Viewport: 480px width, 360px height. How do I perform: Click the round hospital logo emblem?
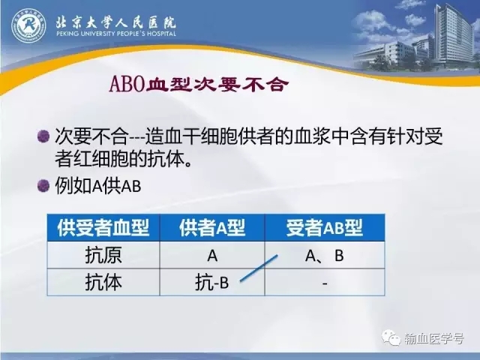point(28,25)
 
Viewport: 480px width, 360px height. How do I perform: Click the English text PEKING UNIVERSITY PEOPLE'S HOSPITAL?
point(116,33)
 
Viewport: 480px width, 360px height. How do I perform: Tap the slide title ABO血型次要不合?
point(199,84)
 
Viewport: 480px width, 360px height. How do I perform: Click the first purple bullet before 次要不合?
point(43,136)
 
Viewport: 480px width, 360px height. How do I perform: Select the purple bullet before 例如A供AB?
point(43,185)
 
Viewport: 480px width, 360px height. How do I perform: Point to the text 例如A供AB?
point(98,185)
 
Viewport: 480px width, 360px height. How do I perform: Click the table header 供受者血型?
point(103,228)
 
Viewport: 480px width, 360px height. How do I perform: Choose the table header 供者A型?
point(212,228)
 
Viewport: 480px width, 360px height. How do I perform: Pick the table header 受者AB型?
point(325,228)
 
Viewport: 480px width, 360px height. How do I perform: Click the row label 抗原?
point(103,255)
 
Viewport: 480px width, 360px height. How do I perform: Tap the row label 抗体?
point(103,282)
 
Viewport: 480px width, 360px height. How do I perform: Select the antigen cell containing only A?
point(212,256)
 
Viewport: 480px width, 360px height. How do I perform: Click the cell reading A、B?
point(325,256)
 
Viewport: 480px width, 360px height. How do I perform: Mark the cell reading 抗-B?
point(211,282)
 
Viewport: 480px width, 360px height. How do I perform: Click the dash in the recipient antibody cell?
point(325,283)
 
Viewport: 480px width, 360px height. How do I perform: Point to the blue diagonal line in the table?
point(259,268)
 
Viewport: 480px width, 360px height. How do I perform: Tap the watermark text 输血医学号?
point(434,338)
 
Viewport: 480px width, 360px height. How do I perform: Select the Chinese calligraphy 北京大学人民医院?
point(116,22)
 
